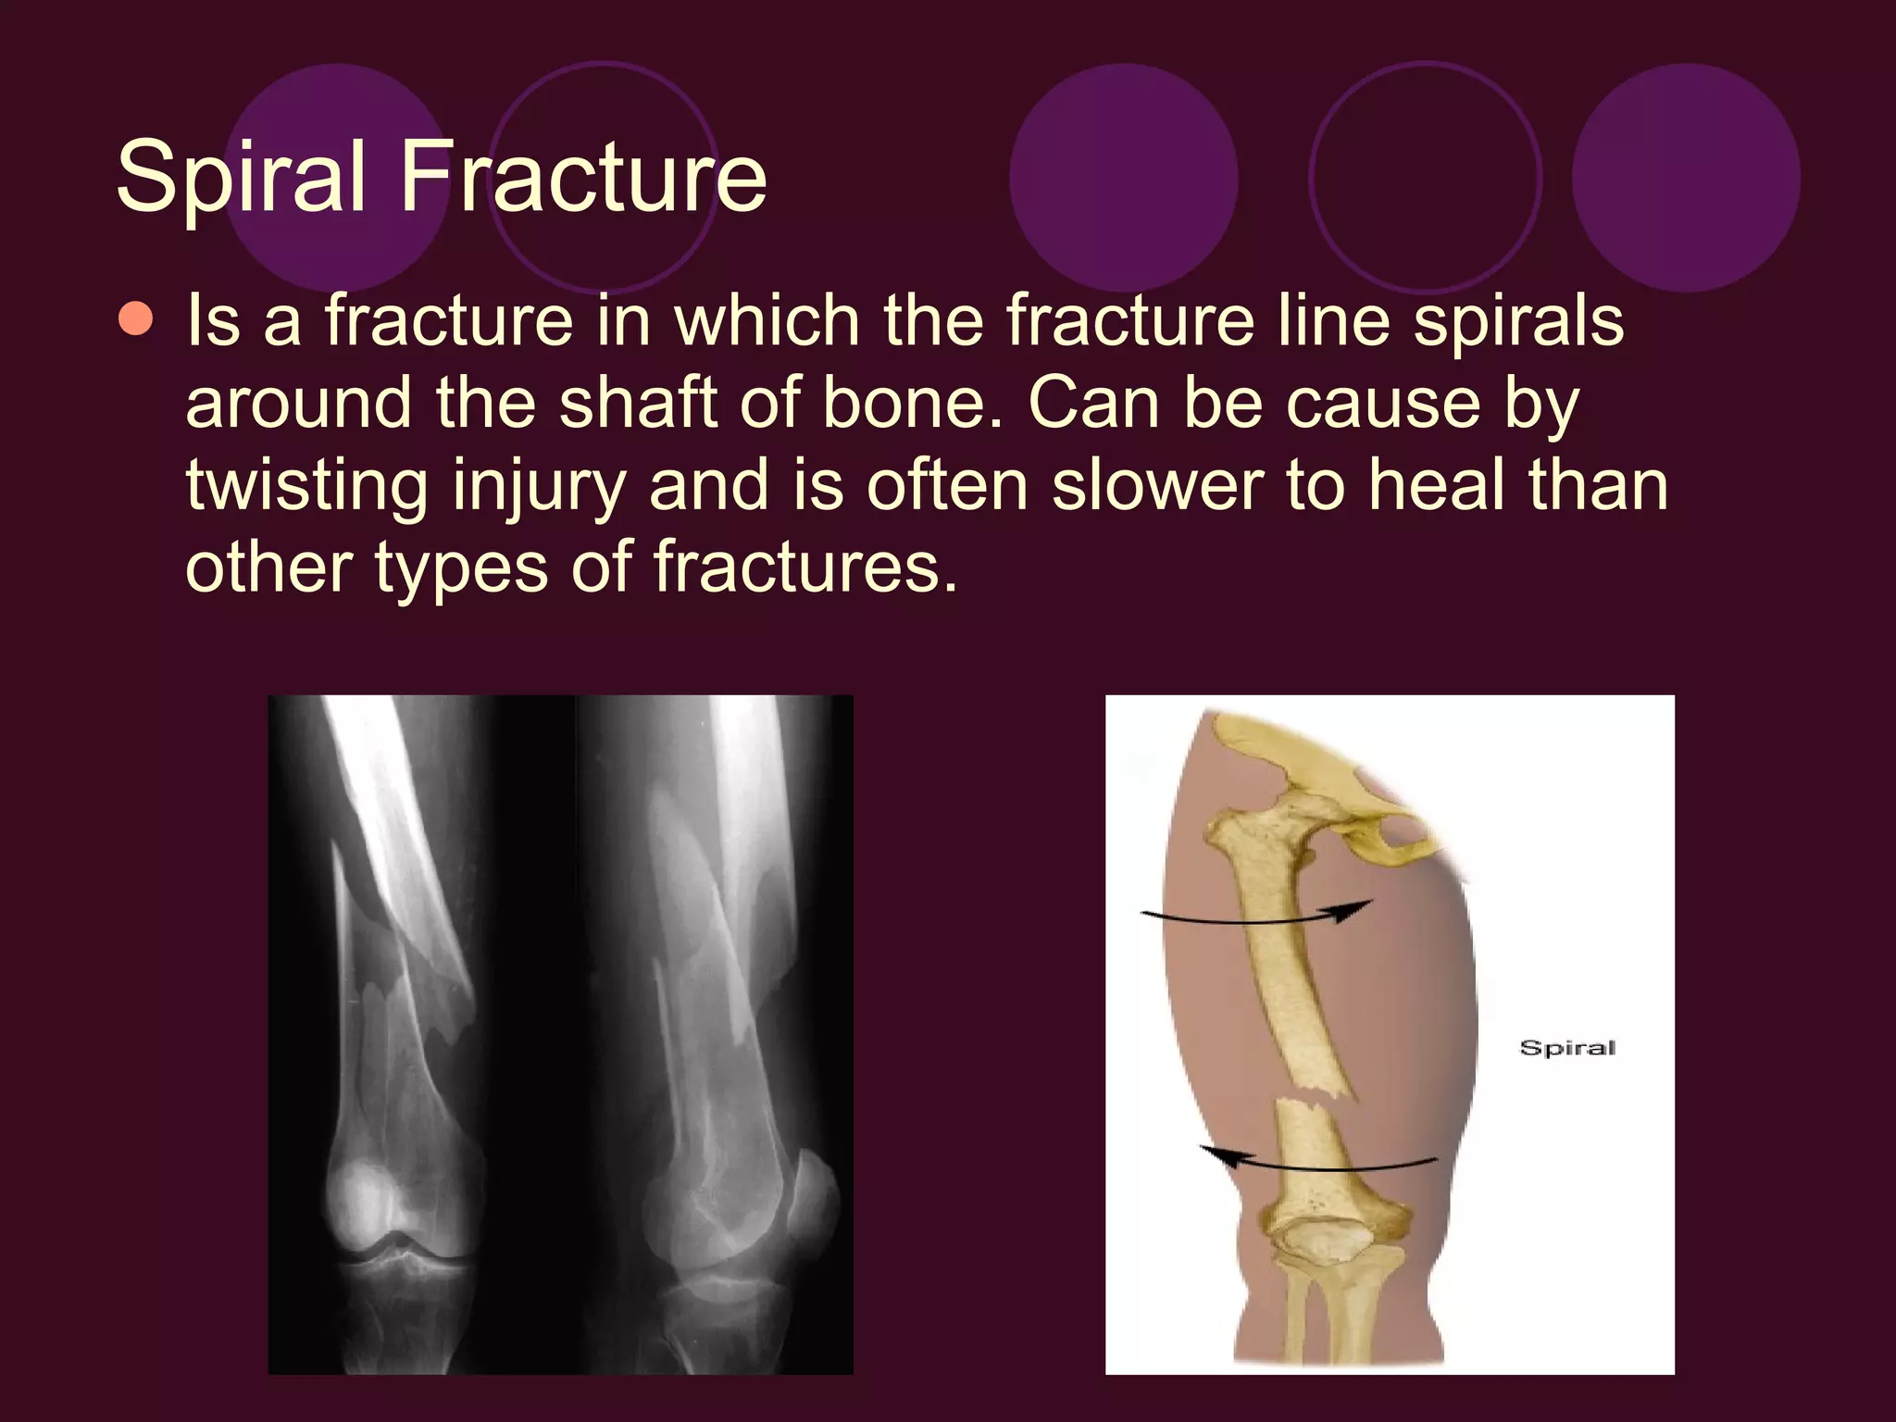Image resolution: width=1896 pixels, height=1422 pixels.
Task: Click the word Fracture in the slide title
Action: click(583, 176)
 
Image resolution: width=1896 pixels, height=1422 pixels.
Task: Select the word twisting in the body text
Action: click(306, 486)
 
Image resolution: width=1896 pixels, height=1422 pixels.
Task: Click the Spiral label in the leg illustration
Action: click(1567, 1048)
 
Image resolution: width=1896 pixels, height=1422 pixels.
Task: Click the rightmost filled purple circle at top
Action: click(1686, 177)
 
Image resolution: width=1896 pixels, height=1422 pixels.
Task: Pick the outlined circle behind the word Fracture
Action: click(604, 177)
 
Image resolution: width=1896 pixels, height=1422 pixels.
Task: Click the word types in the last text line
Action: click(461, 567)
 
